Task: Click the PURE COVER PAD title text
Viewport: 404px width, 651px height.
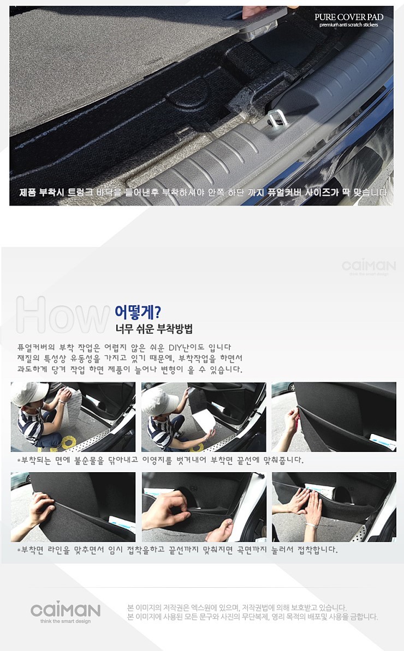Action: tap(349, 17)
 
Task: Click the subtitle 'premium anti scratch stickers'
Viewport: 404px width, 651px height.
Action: tap(349, 25)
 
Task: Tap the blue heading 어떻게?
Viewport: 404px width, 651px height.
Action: tap(138, 312)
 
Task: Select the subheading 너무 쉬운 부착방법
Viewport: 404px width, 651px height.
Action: tap(154, 329)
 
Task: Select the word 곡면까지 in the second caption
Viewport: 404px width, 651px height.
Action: tap(252, 550)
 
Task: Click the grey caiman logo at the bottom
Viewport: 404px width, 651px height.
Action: tap(66, 610)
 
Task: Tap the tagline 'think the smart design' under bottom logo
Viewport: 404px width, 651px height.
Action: tap(66, 622)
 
